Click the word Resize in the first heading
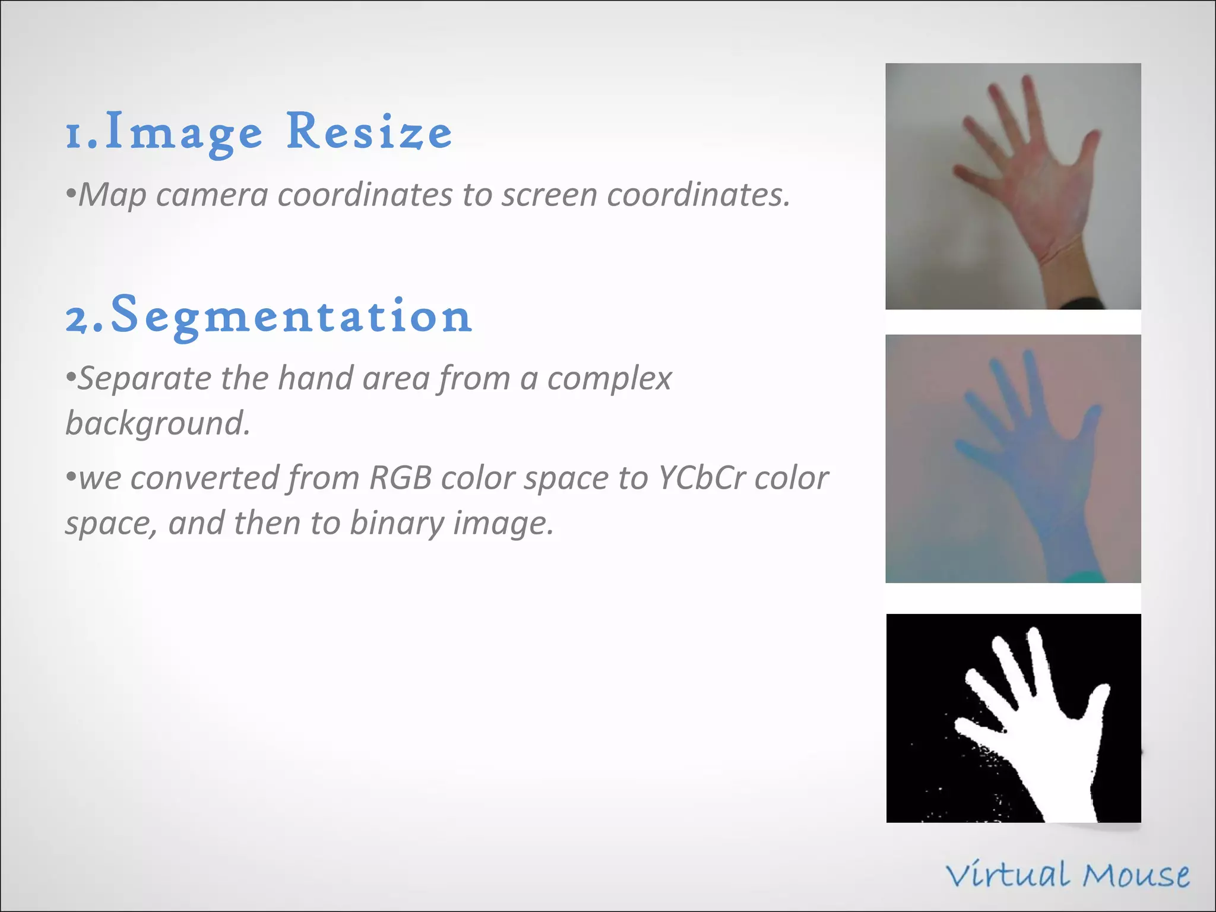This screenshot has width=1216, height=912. (x=369, y=132)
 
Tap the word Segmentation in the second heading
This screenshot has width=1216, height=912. (x=291, y=316)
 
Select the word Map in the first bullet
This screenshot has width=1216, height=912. (x=112, y=195)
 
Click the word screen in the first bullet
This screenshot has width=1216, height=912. (x=549, y=195)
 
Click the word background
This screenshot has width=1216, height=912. (x=157, y=423)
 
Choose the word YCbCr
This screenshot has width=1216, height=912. (x=701, y=478)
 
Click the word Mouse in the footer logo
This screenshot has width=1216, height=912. (x=1135, y=876)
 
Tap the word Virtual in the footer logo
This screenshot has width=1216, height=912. (x=1010, y=876)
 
